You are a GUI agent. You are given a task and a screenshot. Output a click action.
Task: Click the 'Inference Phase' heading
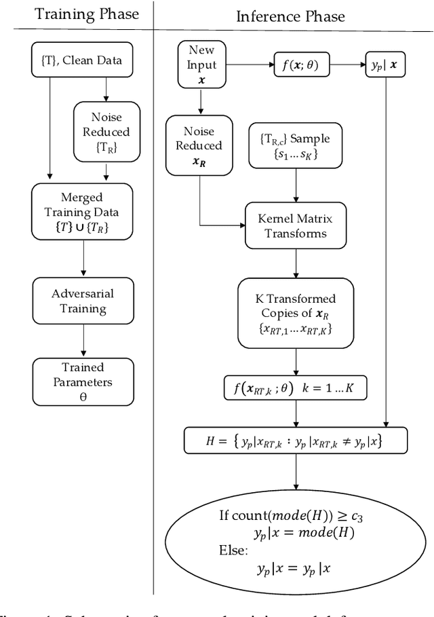click(290, 16)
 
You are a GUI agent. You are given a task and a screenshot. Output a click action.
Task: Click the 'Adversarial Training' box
click(82, 301)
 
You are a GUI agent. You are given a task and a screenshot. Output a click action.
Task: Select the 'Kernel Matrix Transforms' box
click(294, 226)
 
